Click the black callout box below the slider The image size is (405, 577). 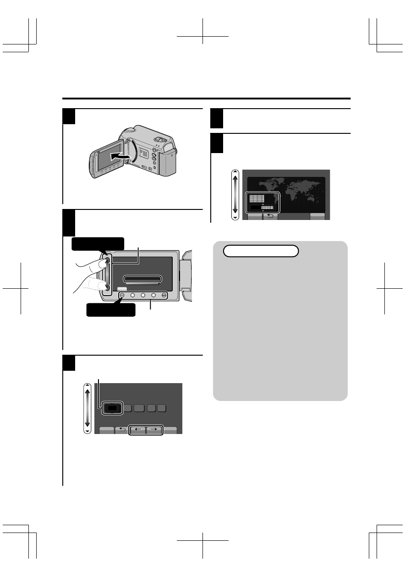(x=112, y=310)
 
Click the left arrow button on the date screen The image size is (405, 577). (x=138, y=430)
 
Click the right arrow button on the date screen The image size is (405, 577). (x=154, y=430)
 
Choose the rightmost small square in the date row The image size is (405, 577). (x=162, y=408)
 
